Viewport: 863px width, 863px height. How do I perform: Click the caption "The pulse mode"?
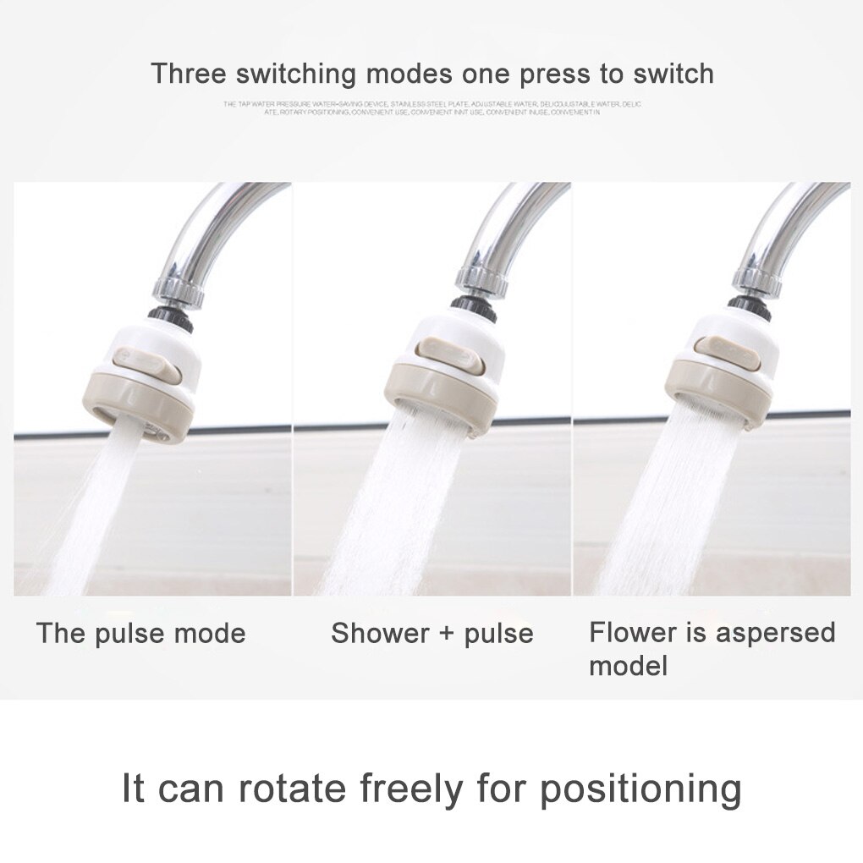(140, 633)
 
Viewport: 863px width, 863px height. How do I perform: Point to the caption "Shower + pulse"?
(431, 633)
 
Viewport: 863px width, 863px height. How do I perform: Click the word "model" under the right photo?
(628, 665)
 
